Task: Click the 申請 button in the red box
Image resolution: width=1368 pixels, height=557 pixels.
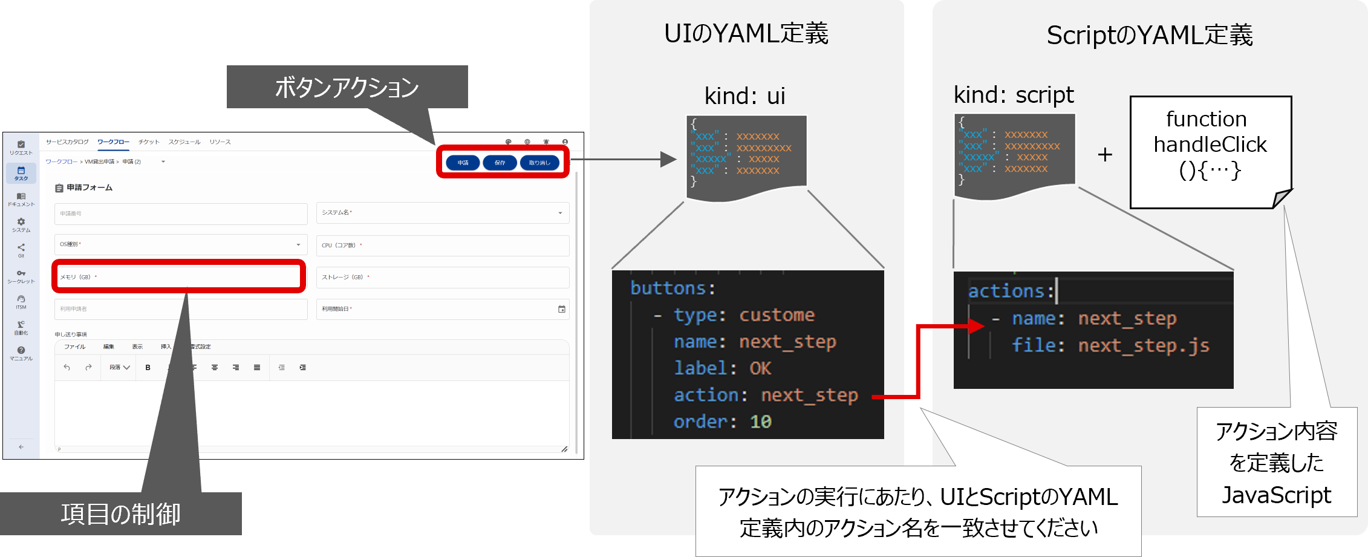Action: pos(463,163)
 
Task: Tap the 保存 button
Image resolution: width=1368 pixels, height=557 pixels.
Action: pos(500,163)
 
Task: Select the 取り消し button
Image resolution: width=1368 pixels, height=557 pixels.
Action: pos(539,163)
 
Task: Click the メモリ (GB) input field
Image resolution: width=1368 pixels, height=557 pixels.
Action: pos(179,277)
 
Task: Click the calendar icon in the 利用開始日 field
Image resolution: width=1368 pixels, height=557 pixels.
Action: pos(561,309)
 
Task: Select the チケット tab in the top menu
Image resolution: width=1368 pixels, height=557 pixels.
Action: pos(149,142)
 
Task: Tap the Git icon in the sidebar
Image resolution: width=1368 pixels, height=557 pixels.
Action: pos(21,247)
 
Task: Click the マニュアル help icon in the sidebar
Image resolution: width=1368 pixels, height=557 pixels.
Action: pos(21,350)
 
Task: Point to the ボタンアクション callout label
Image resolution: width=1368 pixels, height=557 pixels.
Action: pos(347,87)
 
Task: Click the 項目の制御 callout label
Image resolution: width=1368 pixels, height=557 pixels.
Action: pos(120,513)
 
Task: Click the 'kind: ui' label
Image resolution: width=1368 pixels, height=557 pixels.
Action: pos(745,96)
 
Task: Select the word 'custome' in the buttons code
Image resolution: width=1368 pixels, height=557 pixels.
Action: pos(777,315)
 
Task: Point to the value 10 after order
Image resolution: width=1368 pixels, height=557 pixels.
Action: pos(761,422)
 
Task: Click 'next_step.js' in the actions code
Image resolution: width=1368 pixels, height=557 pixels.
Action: pos(1144,346)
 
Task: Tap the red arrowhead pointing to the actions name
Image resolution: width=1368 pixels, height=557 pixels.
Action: pos(976,327)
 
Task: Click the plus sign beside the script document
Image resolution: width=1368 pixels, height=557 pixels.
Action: pos(1105,155)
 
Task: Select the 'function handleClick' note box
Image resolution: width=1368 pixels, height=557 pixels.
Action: pos(1210,151)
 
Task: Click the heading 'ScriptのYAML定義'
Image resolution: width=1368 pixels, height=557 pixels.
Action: pos(1150,35)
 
